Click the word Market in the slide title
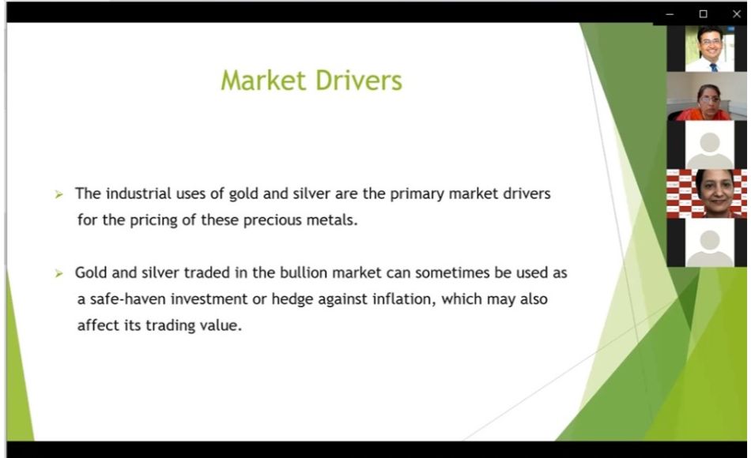(263, 80)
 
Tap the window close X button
(737, 14)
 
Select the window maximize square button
(703, 14)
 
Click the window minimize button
(670, 14)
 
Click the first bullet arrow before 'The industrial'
(59, 194)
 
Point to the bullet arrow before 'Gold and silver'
(59, 273)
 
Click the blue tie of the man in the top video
(713, 67)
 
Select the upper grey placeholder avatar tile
(709, 145)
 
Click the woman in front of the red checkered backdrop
(715, 193)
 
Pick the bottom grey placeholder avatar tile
(709, 242)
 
